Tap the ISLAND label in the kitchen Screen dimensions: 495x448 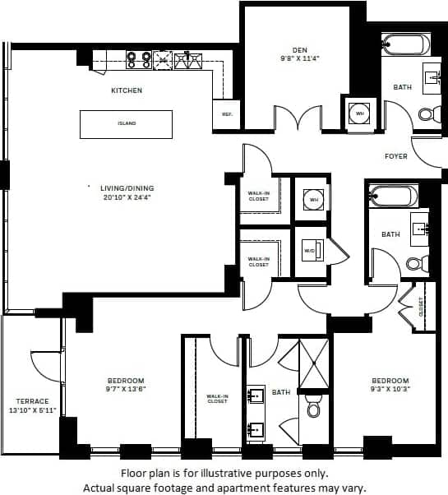[126, 124]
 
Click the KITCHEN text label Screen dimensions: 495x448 [127, 90]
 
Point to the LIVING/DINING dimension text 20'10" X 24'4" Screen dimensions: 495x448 [128, 197]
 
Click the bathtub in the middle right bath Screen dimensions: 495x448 [392, 197]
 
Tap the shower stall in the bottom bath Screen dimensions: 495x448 [313, 363]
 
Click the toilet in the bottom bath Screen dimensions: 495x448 [313, 407]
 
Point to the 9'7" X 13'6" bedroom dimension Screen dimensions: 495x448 [126, 391]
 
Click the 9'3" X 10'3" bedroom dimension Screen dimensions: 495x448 [390, 391]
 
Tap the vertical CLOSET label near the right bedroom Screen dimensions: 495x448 [422, 308]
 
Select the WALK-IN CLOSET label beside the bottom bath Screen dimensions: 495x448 [217, 399]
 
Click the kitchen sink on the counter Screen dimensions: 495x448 [187, 58]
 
